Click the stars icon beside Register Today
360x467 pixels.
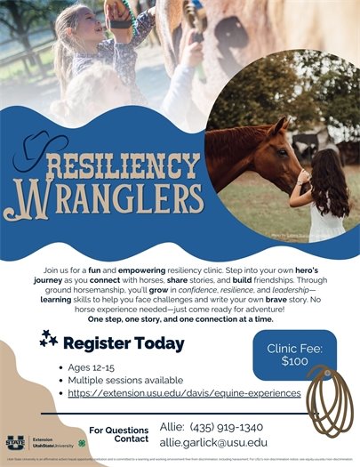[49, 337]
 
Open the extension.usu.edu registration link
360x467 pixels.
[184, 393]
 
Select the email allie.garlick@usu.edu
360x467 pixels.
[212, 442]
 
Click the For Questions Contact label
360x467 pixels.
[118, 434]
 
